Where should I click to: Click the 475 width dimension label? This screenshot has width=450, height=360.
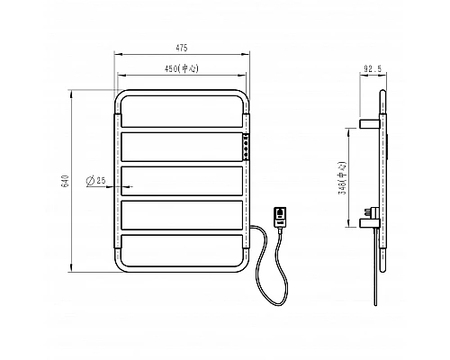(x=182, y=48)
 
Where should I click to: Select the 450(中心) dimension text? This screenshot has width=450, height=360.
(x=182, y=68)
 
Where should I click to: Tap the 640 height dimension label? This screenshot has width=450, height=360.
(x=66, y=181)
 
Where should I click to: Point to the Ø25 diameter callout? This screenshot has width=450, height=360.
(x=96, y=181)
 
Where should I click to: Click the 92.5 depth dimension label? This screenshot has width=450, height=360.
(x=373, y=69)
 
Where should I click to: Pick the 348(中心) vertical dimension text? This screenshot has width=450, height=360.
(x=343, y=178)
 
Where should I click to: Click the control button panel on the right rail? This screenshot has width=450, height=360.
(x=246, y=147)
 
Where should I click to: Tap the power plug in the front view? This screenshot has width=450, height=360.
(x=280, y=217)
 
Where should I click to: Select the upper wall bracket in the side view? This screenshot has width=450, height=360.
(x=370, y=123)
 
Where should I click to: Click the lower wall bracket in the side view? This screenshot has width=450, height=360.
(x=370, y=222)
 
